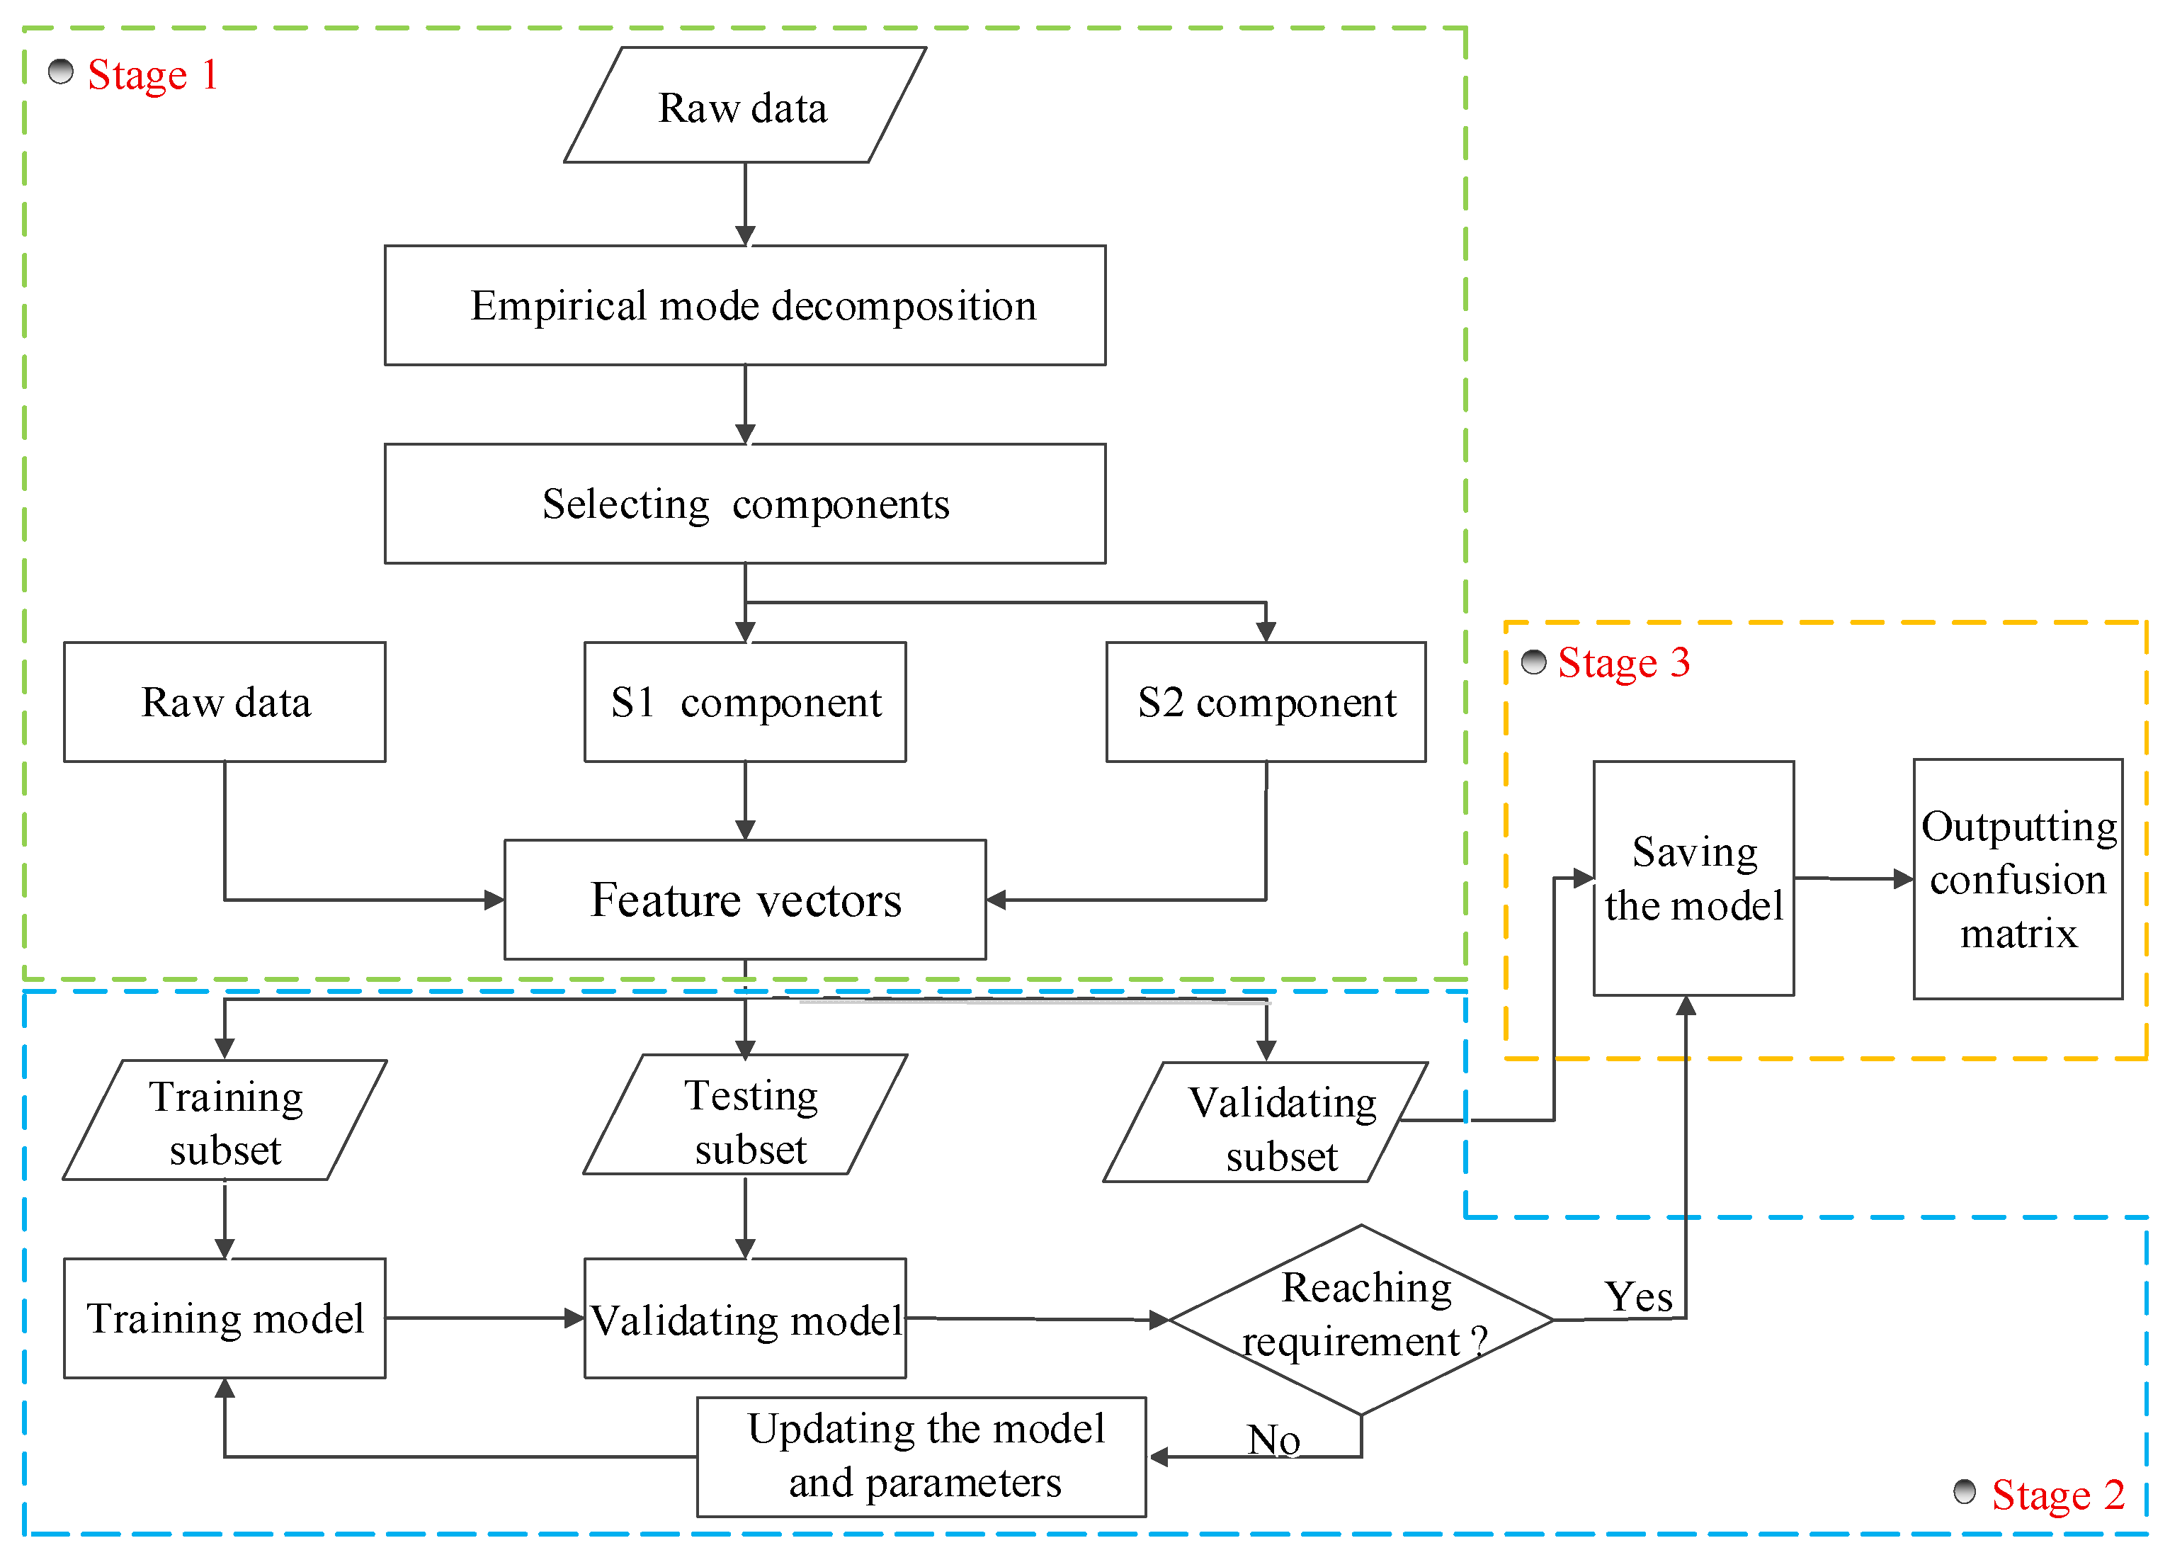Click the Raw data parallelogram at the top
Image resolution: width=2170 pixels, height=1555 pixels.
[x=744, y=106]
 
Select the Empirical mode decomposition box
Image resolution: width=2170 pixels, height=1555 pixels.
[x=745, y=305]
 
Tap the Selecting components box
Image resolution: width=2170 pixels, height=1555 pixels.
[x=745, y=504]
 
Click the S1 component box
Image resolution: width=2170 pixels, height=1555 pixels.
[x=745, y=701]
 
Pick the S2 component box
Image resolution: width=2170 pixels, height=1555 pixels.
[x=1266, y=701]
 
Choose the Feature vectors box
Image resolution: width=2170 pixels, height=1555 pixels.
[x=745, y=900]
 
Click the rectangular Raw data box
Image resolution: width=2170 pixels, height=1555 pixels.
[x=225, y=701]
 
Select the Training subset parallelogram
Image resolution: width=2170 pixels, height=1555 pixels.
[x=225, y=1119]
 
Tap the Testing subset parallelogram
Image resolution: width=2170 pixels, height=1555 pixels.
[x=745, y=1114]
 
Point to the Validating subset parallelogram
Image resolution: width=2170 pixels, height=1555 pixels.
[x=1266, y=1121]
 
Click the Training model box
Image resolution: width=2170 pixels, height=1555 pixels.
[x=225, y=1318]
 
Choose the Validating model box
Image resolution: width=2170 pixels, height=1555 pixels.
[x=745, y=1318]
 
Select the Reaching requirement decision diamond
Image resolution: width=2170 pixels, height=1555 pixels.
[x=1360, y=1320]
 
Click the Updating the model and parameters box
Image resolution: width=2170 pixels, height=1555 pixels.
[x=921, y=1457]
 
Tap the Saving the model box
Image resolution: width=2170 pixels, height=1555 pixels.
[x=1693, y=878]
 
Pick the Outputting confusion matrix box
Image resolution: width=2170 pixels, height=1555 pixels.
[x=2018, y=878]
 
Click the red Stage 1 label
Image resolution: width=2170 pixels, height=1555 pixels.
[x=153, y=74]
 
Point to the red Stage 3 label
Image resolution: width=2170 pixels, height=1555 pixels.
[x=1624, y=662]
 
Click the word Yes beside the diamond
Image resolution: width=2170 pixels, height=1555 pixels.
[x=1639, y=1296]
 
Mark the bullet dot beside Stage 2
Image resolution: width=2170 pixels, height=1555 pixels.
[x=1965, y=1491]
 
